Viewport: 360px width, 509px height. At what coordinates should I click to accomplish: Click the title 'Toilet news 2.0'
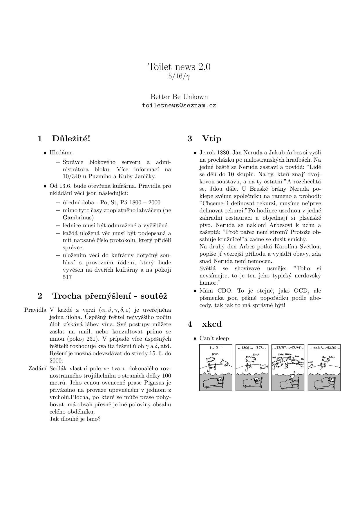[x=179, y=67]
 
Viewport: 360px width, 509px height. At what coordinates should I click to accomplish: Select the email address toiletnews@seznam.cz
[x=179, y=105]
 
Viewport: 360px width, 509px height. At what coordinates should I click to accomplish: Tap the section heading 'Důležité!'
[x=71, y=139]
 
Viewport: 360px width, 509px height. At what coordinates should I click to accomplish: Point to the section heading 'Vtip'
[x=211, y=139]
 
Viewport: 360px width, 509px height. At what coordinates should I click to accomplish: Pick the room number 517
[x=67, y=277]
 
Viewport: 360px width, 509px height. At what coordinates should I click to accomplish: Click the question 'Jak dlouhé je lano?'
[x=75, y=419]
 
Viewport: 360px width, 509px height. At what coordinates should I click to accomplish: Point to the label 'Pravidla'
[x=35, y=310]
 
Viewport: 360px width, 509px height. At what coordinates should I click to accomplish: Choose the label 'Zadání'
[x=38, y=369]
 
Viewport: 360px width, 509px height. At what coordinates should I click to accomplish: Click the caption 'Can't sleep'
[x=214, y=338]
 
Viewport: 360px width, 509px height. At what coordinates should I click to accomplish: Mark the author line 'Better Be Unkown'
[x=179, y=97]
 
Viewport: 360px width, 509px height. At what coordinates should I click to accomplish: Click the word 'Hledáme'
[x=61, y=153]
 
